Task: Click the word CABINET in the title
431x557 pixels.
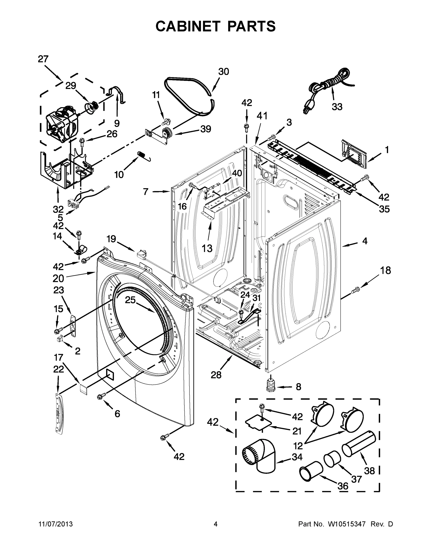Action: (188, 26)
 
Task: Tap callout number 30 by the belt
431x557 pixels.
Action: (224, 72)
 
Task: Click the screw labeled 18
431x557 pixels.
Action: (356, 290)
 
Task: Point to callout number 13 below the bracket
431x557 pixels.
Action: (207, 248)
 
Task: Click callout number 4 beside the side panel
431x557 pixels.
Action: (365, 241)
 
